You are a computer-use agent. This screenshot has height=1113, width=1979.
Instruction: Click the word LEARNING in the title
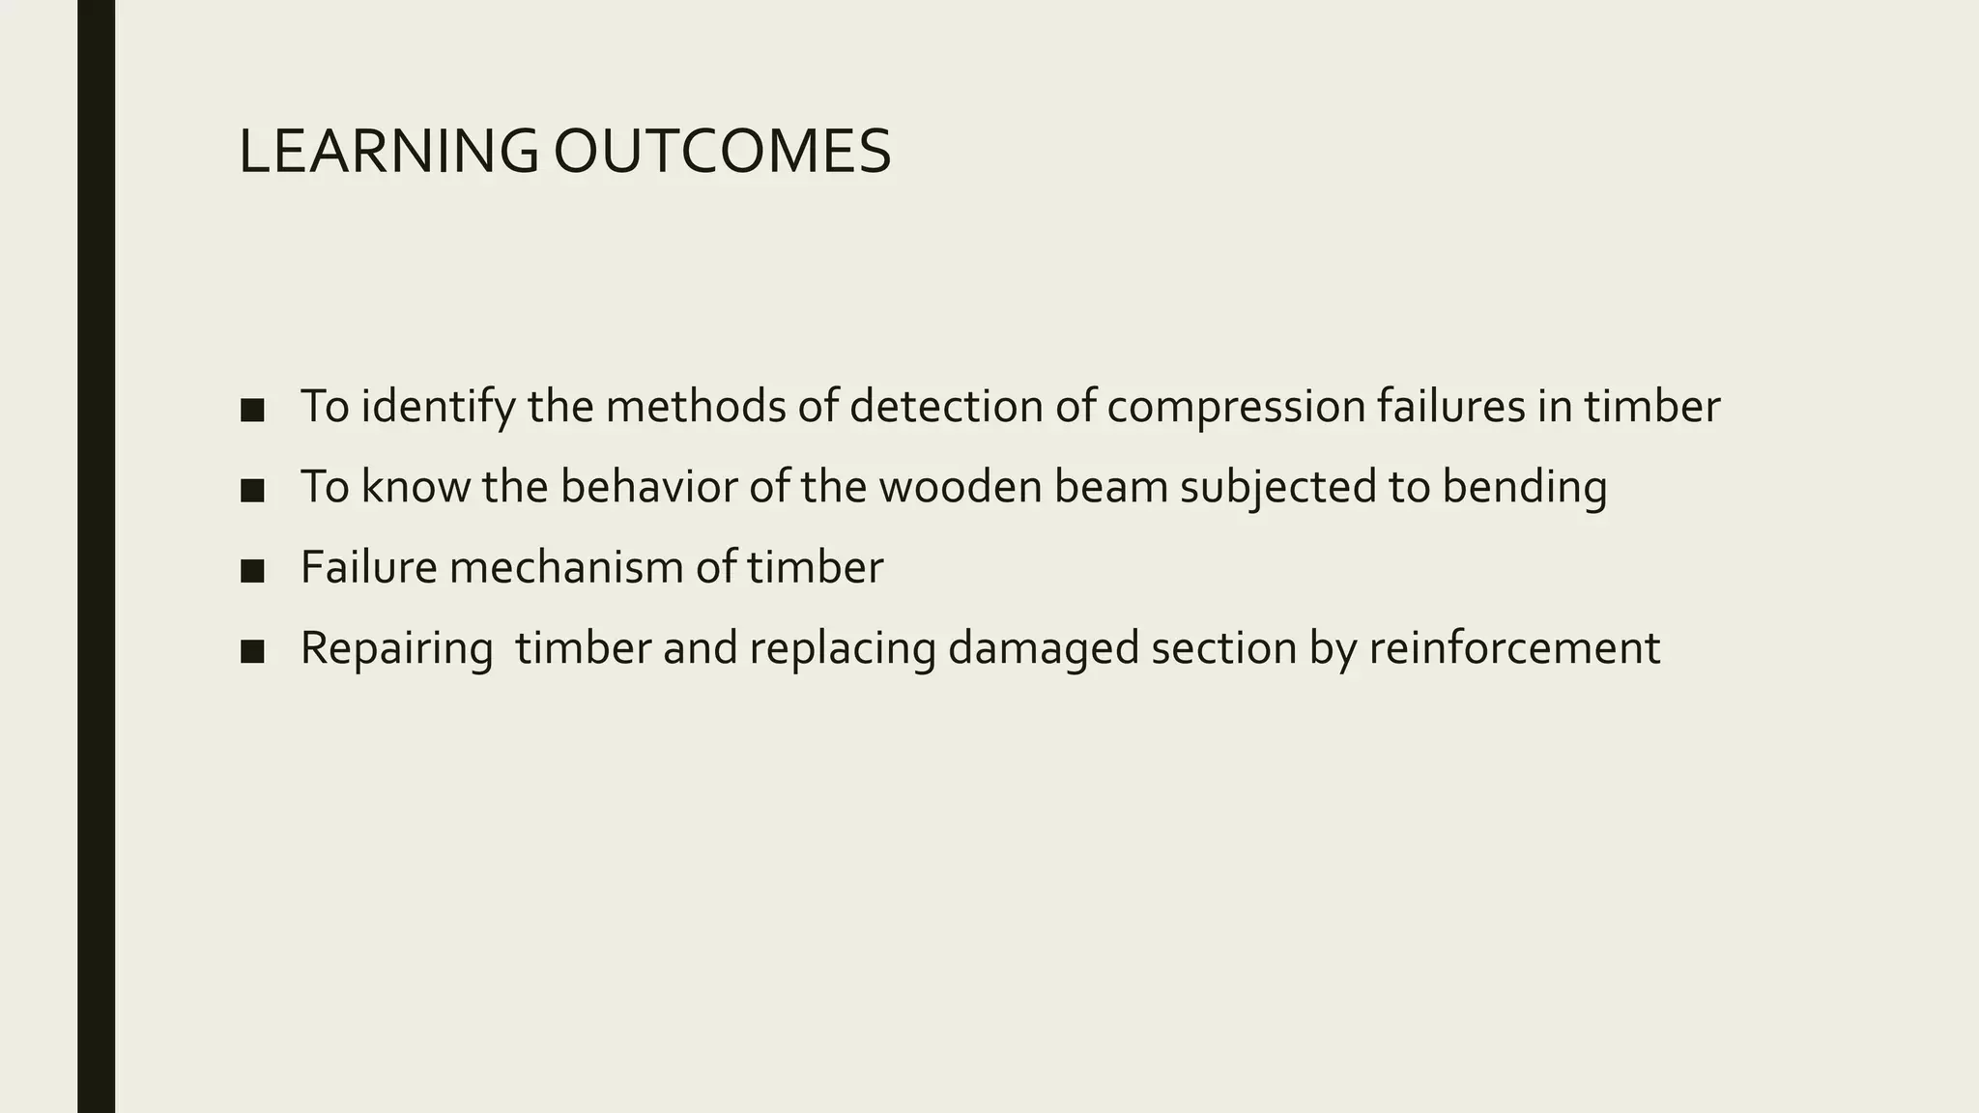pos(387,152)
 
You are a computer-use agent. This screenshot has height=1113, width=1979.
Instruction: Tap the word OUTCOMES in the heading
pos(722,152)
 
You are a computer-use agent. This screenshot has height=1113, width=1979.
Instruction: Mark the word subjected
pos(1278,486)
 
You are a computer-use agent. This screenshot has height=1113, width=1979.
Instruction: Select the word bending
pos(1524,486)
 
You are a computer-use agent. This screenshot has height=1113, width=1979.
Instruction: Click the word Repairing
pos(396,647)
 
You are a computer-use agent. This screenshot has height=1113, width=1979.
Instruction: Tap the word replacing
pos(842,647)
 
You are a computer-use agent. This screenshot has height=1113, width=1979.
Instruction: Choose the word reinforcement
pos(1514,647)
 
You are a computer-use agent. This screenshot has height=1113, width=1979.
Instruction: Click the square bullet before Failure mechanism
pos(252,571)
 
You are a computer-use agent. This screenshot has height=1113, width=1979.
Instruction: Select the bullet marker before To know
pos(252,491)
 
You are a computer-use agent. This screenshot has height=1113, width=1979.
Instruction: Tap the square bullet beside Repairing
pos(252,652)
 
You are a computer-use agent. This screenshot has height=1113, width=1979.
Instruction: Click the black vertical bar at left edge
pos(96,556)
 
